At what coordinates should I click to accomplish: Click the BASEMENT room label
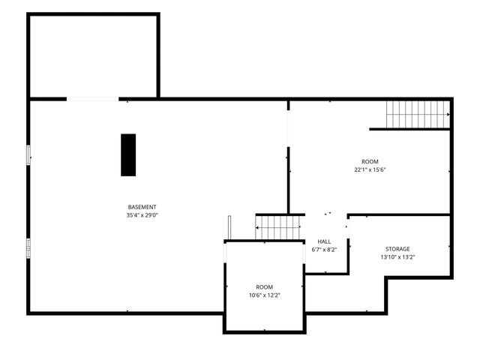coord(142,207)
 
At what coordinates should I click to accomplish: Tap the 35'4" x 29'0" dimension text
coord(142,215)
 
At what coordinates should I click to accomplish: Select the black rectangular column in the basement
coord(128,155)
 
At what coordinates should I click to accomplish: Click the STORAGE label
coord(397,249)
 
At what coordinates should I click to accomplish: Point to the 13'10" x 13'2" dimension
coord(397,257)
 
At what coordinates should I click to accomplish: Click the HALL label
coord(324,241)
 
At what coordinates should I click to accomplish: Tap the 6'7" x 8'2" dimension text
coord(324,250)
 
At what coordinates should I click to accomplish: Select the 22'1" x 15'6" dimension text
coord(370,169)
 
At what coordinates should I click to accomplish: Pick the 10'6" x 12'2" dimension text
coord(265,295)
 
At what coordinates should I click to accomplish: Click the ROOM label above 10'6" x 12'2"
coord(265,287)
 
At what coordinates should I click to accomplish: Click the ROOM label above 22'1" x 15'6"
coord(370,161)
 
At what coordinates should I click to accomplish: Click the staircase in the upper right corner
coord(418,115)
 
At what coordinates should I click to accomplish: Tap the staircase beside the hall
coord(277,227)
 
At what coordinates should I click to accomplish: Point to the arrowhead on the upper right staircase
coord(448,115)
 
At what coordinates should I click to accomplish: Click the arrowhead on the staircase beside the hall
coord(256,228)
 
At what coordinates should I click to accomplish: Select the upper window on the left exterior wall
coord(28,155)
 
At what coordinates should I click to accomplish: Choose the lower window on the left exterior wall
coord(28,248)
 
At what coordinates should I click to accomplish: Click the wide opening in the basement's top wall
coord(93,99)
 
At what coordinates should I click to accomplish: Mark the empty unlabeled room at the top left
coord(93,56)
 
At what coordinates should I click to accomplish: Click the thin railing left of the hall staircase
coord(229,228)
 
